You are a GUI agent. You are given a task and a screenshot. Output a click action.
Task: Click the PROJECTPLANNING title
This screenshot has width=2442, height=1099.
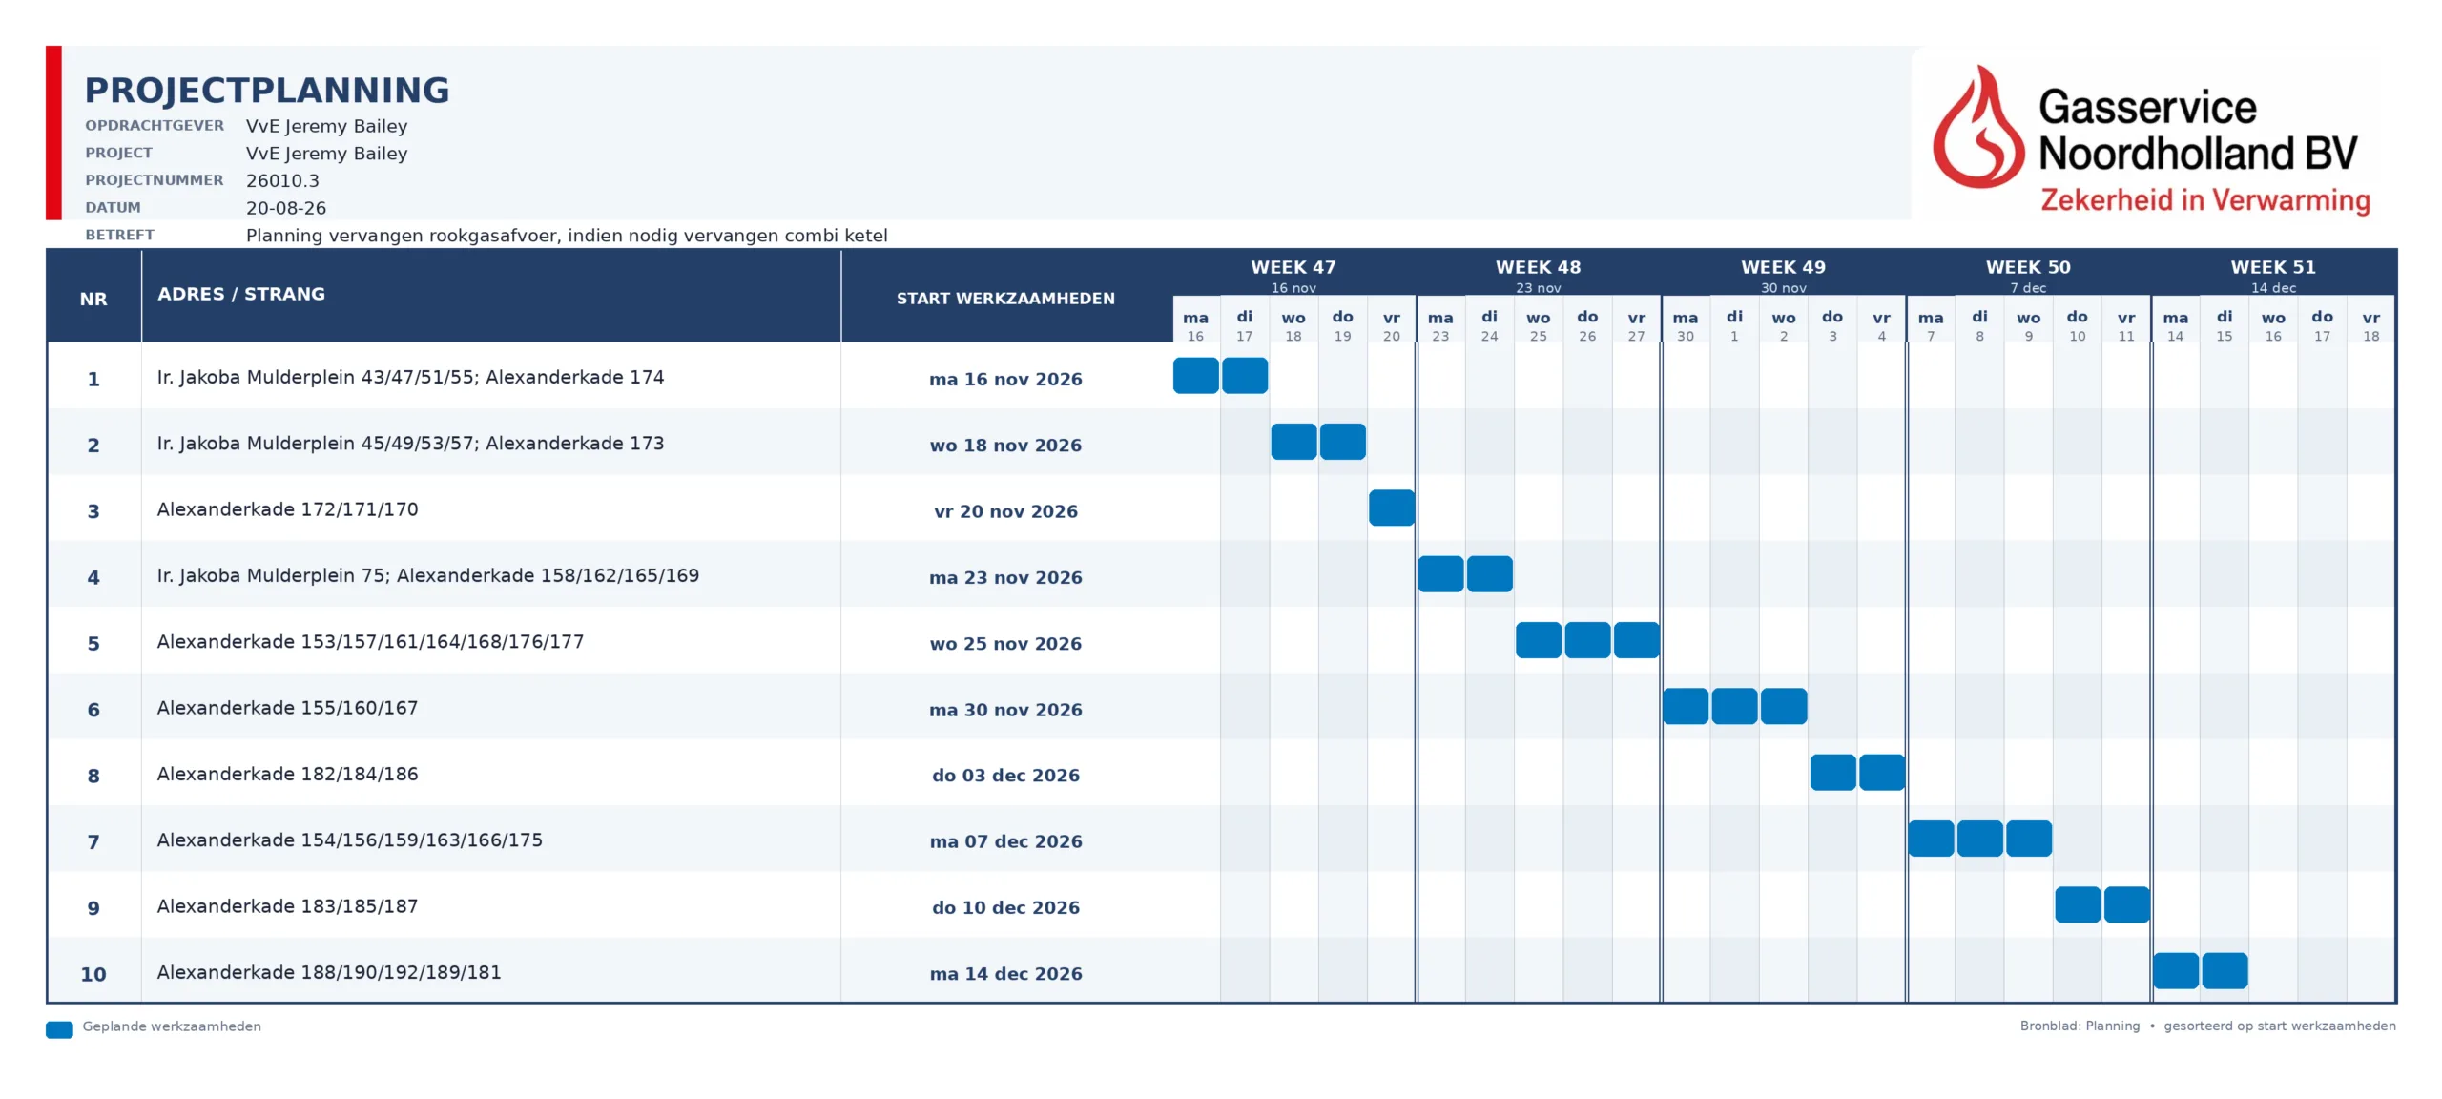[x=267, y=91]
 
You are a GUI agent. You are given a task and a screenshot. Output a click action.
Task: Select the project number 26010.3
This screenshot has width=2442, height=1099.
[x=282, y=180]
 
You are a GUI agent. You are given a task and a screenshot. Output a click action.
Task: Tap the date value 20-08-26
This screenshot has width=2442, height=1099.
[x=286, y=208]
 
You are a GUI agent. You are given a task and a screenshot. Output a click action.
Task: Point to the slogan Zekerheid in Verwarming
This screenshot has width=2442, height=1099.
[x=2204, y=200]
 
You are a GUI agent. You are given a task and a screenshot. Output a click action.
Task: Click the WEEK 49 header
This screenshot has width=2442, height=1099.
[x=1783, y=267]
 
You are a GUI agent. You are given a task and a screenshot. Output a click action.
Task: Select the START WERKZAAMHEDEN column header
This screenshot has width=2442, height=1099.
[x=1005, y=299]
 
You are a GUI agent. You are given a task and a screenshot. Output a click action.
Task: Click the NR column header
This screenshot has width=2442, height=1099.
[x=93, y=299]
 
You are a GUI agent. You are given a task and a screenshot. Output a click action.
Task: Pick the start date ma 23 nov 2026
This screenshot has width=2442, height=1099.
[x=1005, y=577]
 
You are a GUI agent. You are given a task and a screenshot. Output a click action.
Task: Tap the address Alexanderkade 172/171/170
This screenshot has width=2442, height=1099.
[x=287, y=509]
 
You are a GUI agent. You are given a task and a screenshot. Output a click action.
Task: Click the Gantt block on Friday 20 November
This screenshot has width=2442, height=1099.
[x=1392, y=508]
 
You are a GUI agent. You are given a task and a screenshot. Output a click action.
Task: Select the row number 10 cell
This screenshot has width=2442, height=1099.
[x=93, y=974]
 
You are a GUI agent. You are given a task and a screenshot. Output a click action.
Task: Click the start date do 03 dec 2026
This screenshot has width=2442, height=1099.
[x=1005, y=776]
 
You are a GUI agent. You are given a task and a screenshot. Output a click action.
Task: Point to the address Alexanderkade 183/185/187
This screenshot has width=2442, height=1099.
[x=287, y=906]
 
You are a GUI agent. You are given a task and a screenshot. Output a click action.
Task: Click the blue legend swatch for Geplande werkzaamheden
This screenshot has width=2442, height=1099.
[x=59, y=1029]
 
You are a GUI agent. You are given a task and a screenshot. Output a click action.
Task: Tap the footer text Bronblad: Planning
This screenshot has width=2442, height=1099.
[x=2080, y=1026]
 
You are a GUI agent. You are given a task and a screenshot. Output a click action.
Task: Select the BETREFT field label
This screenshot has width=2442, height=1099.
[x=119, y=235]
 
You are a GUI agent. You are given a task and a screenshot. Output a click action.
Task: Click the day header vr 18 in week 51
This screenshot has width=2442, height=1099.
[x=2370, y=325]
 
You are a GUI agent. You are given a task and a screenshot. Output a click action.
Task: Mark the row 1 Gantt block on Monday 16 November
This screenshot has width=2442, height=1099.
[x=1195, y=375]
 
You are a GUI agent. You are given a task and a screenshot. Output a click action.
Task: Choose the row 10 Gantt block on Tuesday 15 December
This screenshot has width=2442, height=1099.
[x=2225, y=970]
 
